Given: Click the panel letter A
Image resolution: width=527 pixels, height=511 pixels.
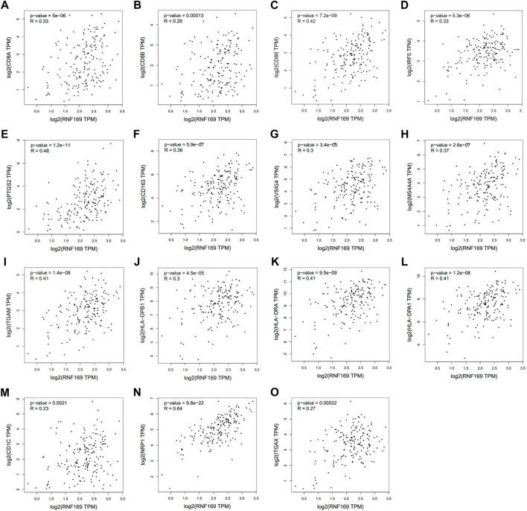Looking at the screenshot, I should point(4,6).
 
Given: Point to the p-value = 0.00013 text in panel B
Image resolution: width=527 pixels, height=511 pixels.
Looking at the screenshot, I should point(175,14).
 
